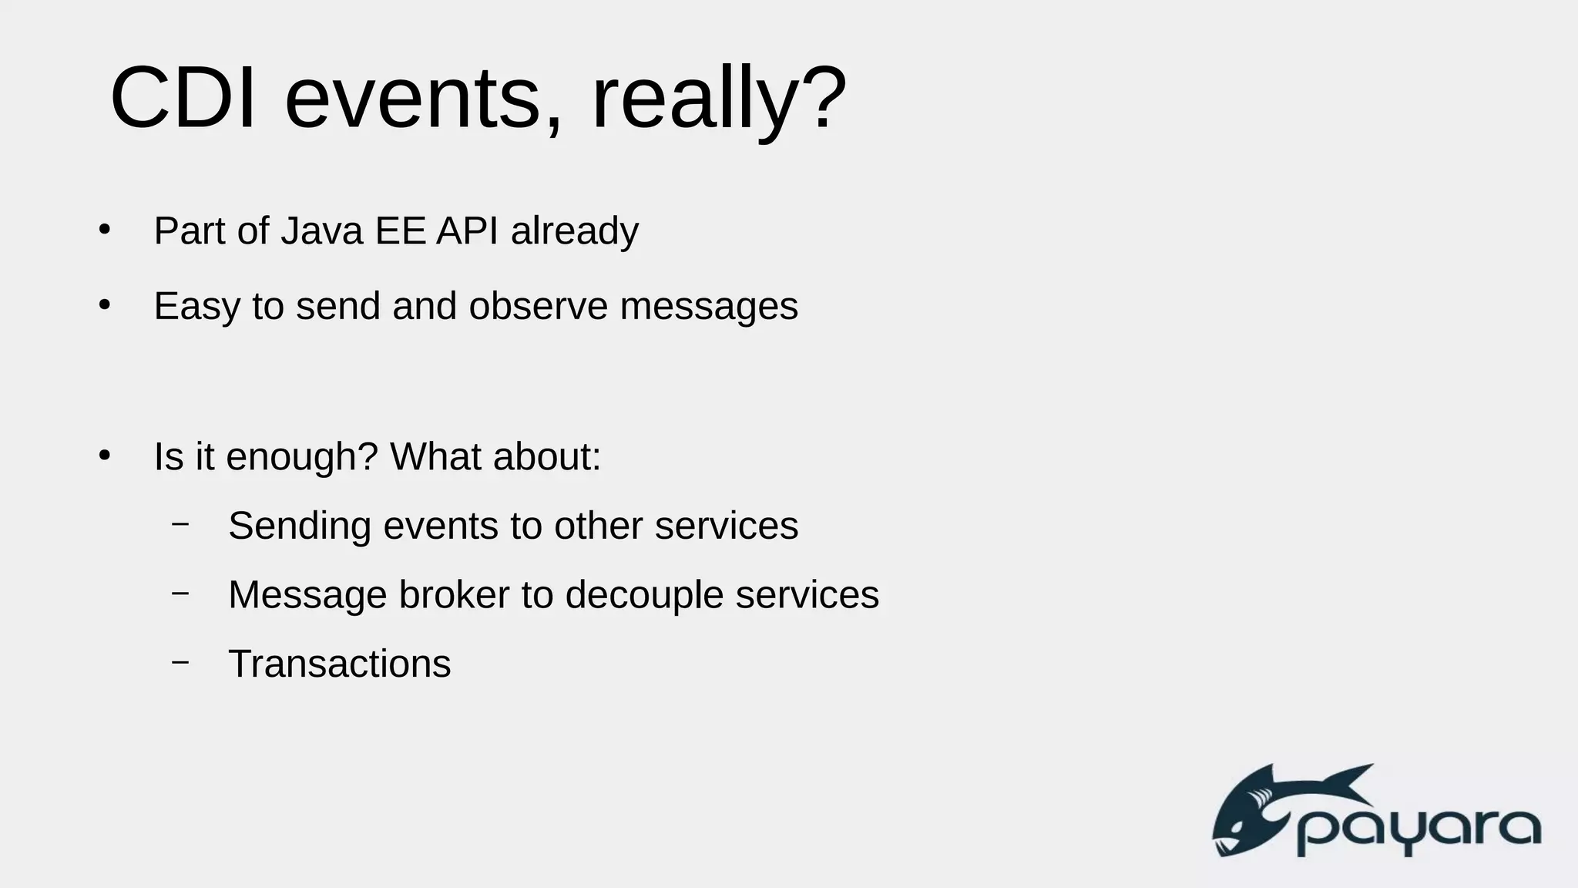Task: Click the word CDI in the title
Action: tap(183, 99)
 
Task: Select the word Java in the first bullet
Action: tap(321, 230)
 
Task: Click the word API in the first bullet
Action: tap(467, 230)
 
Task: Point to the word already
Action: tap(574, 232)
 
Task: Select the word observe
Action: tap(538, 306)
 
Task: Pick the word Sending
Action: tap(300, 527)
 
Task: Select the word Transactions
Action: tap(339, 664)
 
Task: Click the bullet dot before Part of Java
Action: tap(105, 230)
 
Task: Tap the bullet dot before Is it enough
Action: tap(105, 456)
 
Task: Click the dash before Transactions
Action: tap(180, 661)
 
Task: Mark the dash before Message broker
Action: tap(180, 593)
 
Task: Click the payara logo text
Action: tap(1418, 832)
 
